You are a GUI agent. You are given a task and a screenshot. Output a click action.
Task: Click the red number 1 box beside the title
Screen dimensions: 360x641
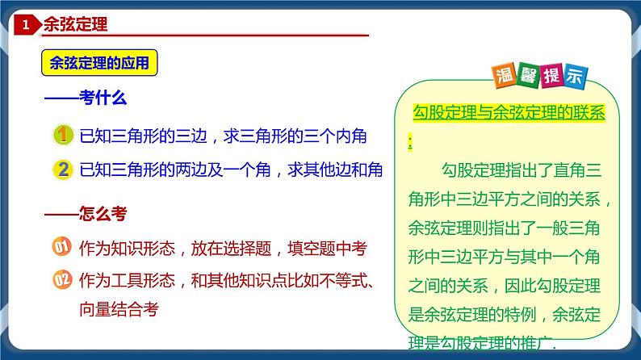[x=25, y=26]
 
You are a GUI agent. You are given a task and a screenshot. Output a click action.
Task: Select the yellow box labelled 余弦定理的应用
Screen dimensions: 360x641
[x=99, y=64]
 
